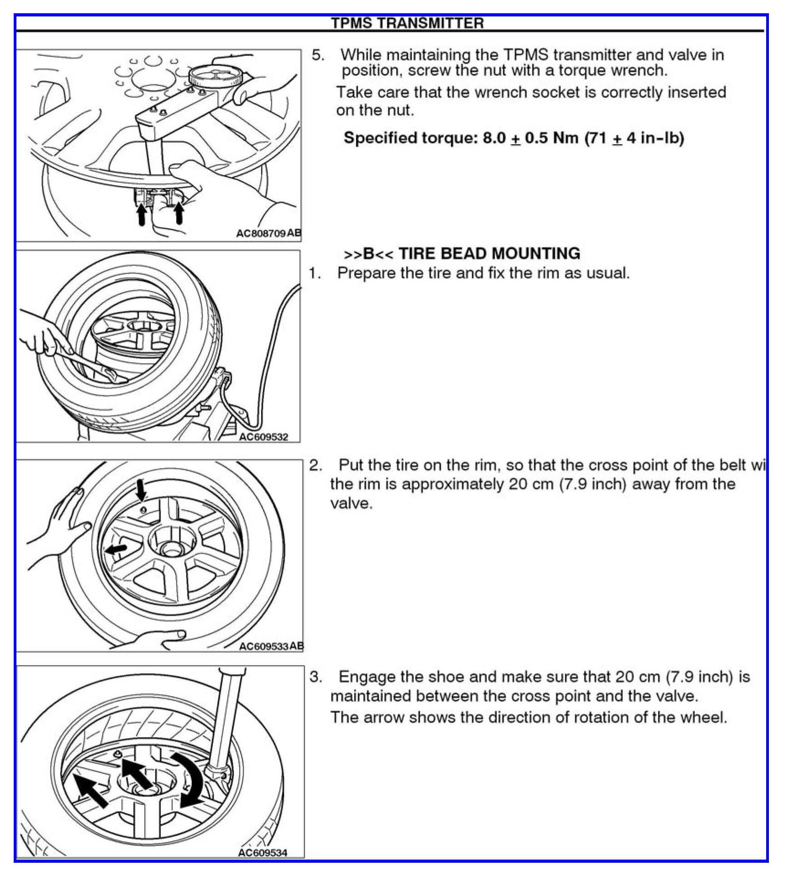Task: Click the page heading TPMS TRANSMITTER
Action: tap(407, 23)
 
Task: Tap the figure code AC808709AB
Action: tap(268, 234)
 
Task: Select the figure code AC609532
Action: tap(263, 437)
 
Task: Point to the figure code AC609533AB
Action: tap(271, 646)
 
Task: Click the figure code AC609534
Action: tap(263, 852)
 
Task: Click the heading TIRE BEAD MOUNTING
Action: tap(489, 253)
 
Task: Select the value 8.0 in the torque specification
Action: tap(494, 138)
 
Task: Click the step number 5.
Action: tap(318, 55)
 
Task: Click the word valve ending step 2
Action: tap(351, 503)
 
